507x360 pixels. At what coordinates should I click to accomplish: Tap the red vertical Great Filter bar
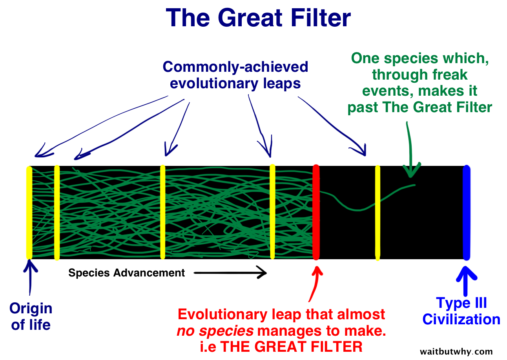[316, 212]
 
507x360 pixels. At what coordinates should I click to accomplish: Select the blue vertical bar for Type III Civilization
[466, 212]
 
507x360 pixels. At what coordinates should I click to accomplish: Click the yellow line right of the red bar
[378, 212]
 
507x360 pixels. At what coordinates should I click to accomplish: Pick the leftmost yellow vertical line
[29, 212]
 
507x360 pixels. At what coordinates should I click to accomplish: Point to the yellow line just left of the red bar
[272, 212]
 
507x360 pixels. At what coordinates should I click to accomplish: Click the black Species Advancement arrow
[230, 272]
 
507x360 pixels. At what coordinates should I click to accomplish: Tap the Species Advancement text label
[126, 273]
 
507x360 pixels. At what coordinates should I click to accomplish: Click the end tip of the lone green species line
[414, 185]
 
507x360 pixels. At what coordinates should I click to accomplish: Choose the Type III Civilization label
[461, 311]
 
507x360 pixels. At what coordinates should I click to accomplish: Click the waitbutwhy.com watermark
[456, 351]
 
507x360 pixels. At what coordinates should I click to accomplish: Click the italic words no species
[215, 331]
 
